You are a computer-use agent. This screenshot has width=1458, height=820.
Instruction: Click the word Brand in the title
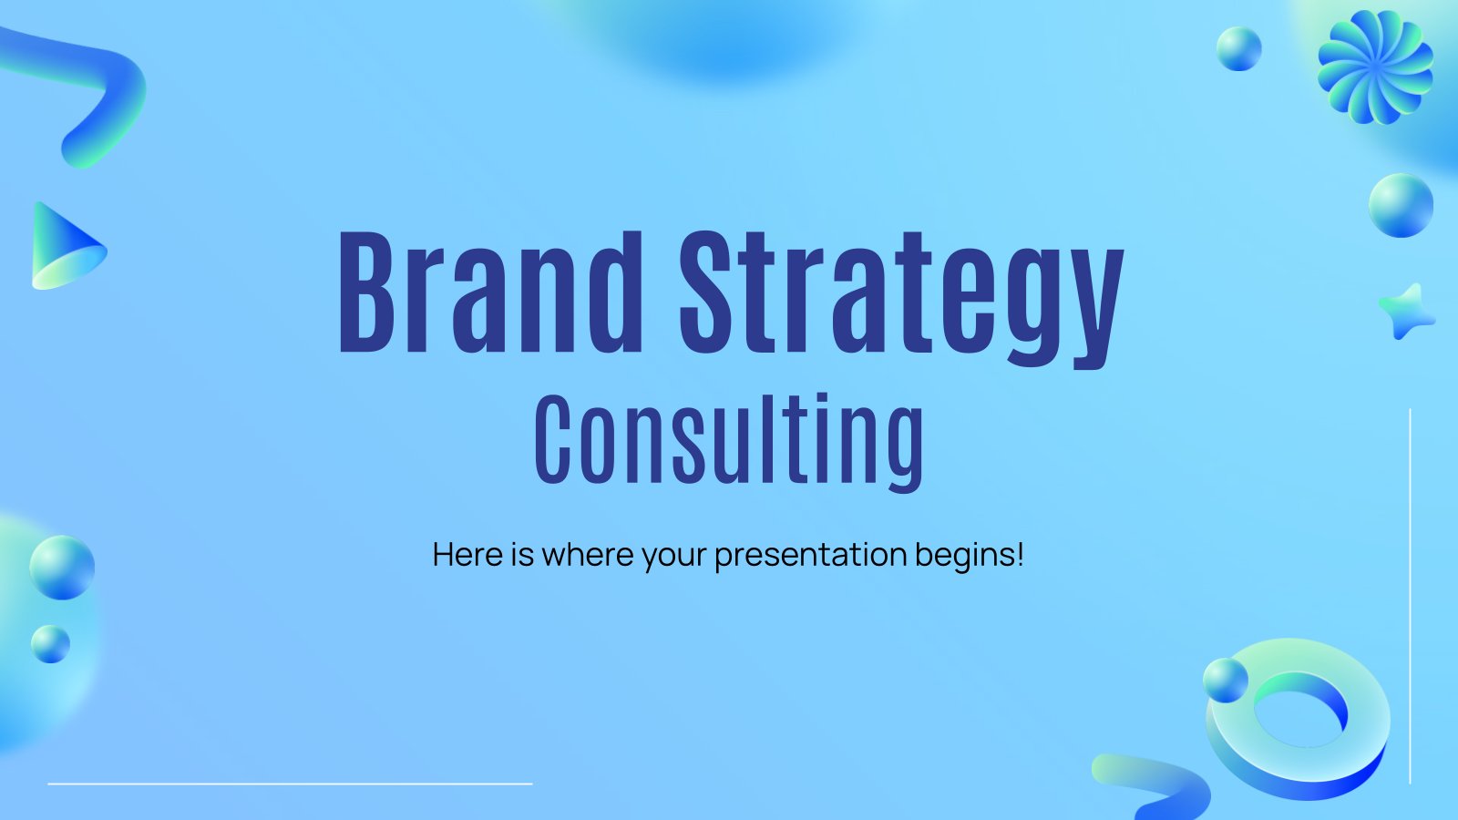click(491, 292)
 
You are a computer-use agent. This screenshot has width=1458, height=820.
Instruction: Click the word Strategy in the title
click(901, 300)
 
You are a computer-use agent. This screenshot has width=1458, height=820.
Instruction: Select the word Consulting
click(729, 442)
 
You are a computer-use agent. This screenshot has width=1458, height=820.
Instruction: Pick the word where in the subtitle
click(587, 555)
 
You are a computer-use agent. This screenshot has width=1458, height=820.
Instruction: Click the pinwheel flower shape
click(1375, 67)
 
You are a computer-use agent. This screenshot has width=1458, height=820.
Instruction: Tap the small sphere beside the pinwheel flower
click(1238, 49)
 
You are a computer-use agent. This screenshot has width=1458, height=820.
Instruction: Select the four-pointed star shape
click(1406, 312)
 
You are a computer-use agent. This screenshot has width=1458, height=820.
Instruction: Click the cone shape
click(67, 247)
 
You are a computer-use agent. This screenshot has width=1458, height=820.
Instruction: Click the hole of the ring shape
click(1300, 719)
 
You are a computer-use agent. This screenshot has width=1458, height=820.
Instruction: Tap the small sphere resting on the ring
click(1226, 680)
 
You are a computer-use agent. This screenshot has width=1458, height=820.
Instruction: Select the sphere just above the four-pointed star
click(1401, 205)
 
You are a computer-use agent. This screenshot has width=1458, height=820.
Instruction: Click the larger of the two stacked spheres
click(62, 568)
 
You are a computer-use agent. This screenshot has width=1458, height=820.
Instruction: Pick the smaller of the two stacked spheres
click(50, 644)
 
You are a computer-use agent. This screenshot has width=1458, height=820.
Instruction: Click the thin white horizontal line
click(291, 784)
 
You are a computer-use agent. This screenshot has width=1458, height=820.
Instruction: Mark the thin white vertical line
click(1410, 596)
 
